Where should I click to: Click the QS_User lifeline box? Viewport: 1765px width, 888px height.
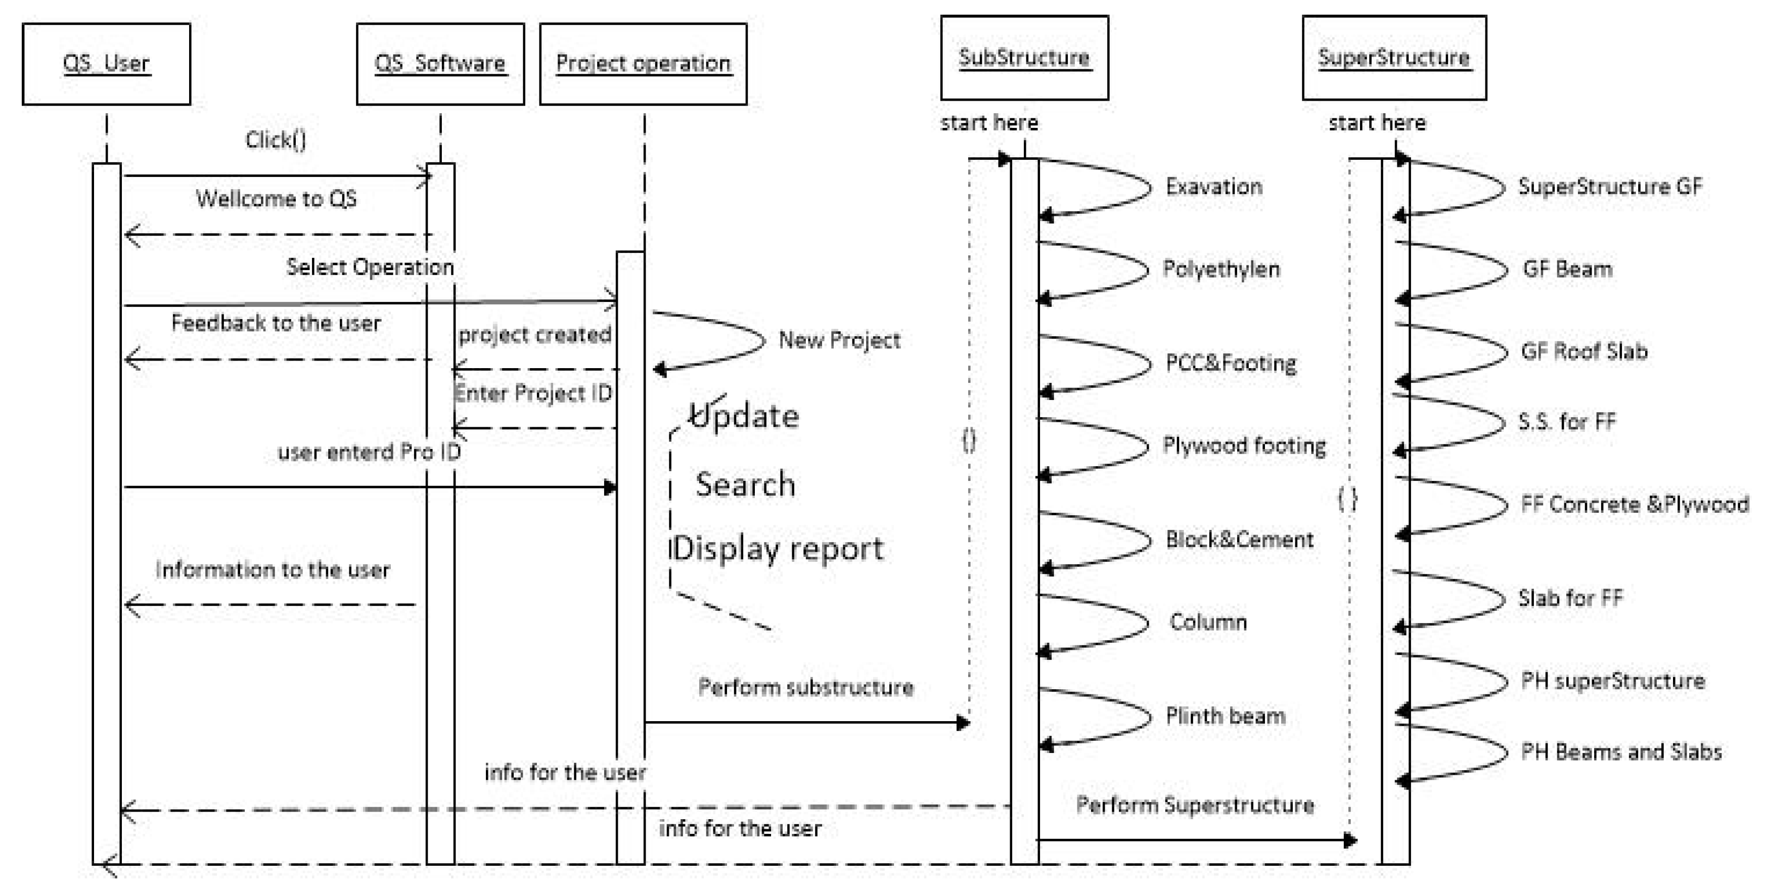tap(106, 64)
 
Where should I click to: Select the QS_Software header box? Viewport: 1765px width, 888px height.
tap(440, 64)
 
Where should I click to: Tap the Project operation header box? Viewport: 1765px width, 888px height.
tap(643, 64)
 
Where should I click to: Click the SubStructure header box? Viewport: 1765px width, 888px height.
tap(1024, 58)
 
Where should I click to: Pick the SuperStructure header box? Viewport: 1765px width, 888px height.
tap(1393, 58)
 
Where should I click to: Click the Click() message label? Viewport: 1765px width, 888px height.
tap(276, 140)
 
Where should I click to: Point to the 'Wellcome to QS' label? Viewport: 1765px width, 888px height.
tap(276, 199)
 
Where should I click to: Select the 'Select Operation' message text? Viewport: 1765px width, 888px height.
tap(370, 267)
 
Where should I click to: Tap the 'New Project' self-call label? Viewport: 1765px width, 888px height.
tap(839, 340)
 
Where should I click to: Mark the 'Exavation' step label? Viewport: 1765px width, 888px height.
tap(1213, 187)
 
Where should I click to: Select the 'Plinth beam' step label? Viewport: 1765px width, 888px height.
tap(1225, 716)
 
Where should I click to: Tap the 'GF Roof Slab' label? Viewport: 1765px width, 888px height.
tap(1583, 351)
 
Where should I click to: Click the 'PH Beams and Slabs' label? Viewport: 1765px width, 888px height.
tap(1620, 751)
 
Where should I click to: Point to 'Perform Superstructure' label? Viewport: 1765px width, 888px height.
tap(1194, 805)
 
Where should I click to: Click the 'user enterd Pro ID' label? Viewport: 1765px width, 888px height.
tap(369, 452)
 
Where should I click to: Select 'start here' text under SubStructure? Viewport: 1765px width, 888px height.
tap(989, 123)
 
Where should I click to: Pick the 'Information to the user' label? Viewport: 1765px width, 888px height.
tap(273, 570)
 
